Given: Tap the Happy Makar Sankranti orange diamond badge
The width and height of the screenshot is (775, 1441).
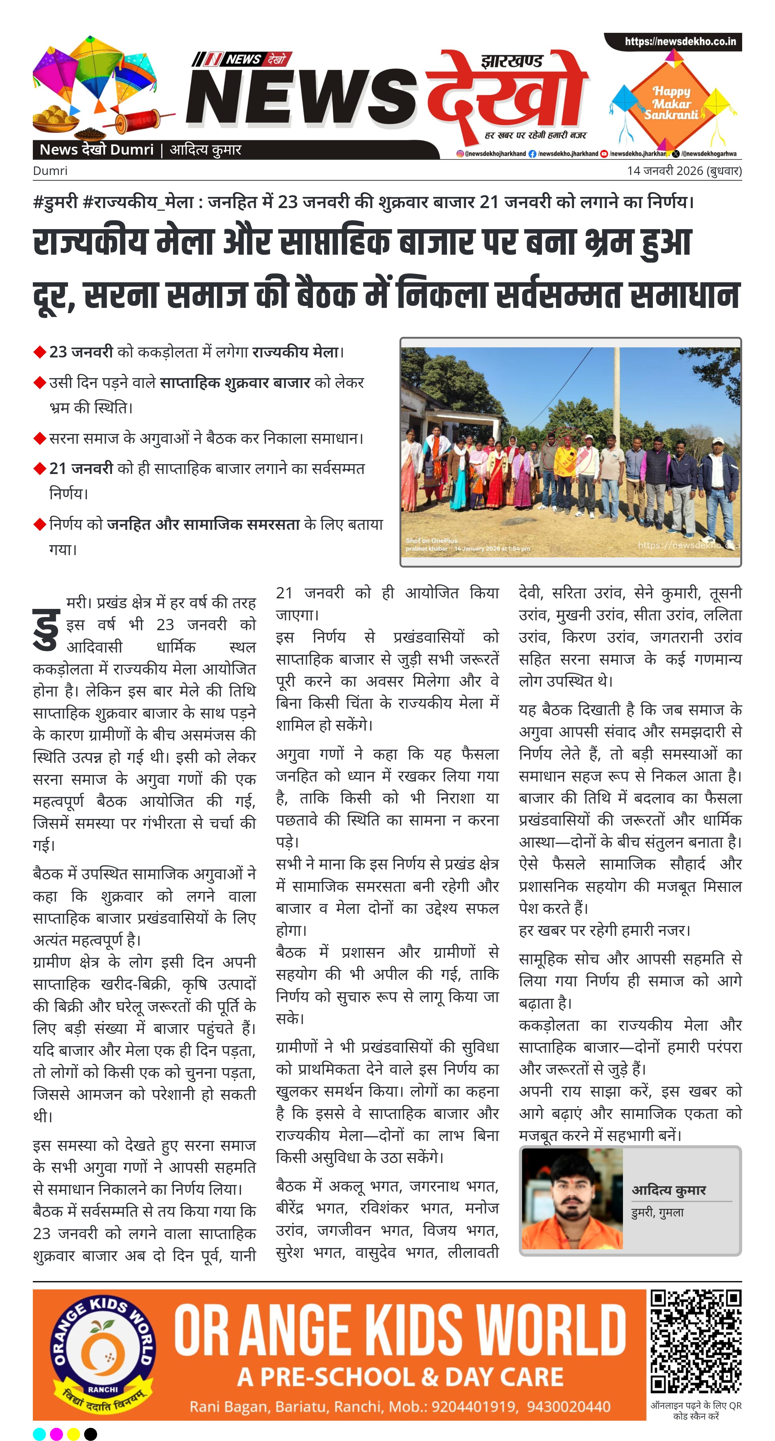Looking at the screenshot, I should tap(671, 103).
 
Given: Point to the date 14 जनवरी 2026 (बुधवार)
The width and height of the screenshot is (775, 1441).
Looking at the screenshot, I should tap(684, 171).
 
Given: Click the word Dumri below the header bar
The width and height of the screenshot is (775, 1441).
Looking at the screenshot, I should tap(50, 171).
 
